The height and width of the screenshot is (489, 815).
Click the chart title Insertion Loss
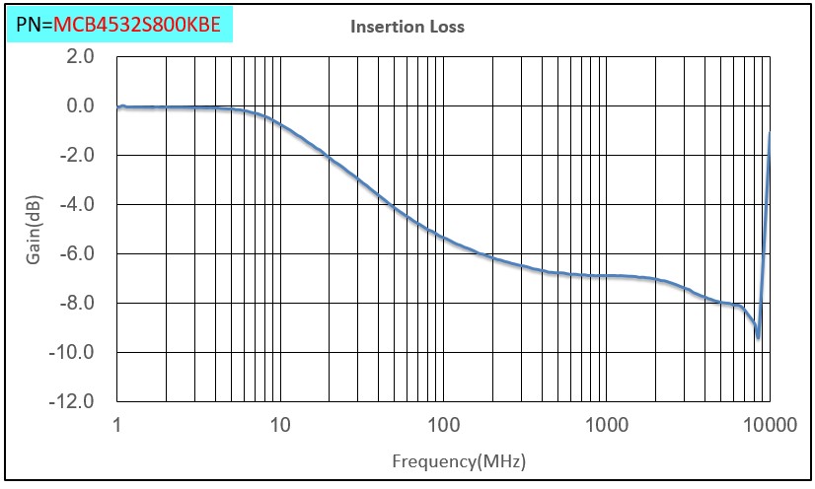[407, 27]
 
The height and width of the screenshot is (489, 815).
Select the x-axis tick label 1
[117, 426]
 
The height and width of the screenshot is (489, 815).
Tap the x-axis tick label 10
[280, 426]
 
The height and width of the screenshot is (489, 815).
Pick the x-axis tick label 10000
[769, 426]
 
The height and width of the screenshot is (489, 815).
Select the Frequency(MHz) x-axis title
[458, 460]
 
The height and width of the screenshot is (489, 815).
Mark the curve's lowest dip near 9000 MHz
[758, 337]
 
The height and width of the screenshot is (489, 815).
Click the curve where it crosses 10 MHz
[280, 125]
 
